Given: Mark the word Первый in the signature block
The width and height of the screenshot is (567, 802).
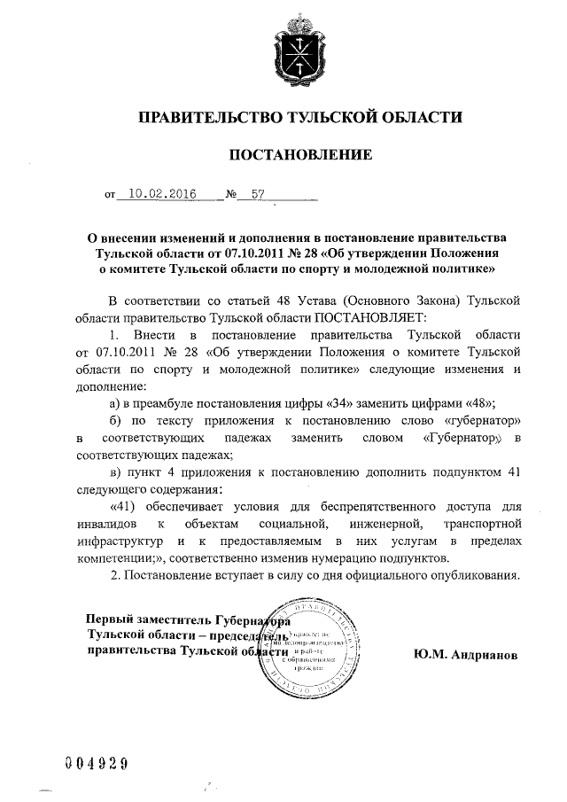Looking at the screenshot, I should click(x=111, y=620).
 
